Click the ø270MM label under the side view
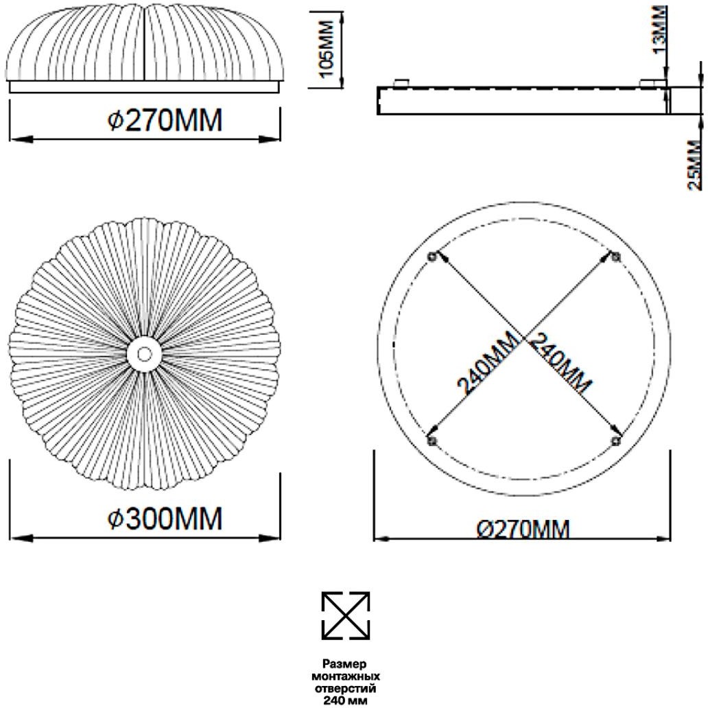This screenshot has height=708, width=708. [165, 121]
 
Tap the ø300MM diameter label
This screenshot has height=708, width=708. [165, 519]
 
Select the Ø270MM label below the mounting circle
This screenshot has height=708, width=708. [523, 529]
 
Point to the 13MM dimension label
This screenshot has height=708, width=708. [660, 29]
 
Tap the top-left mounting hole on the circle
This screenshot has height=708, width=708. [432, 257]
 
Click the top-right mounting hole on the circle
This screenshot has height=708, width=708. [616, 257]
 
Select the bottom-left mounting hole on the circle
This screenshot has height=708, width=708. [432, 440]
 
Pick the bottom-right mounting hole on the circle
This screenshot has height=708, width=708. [616, 440]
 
